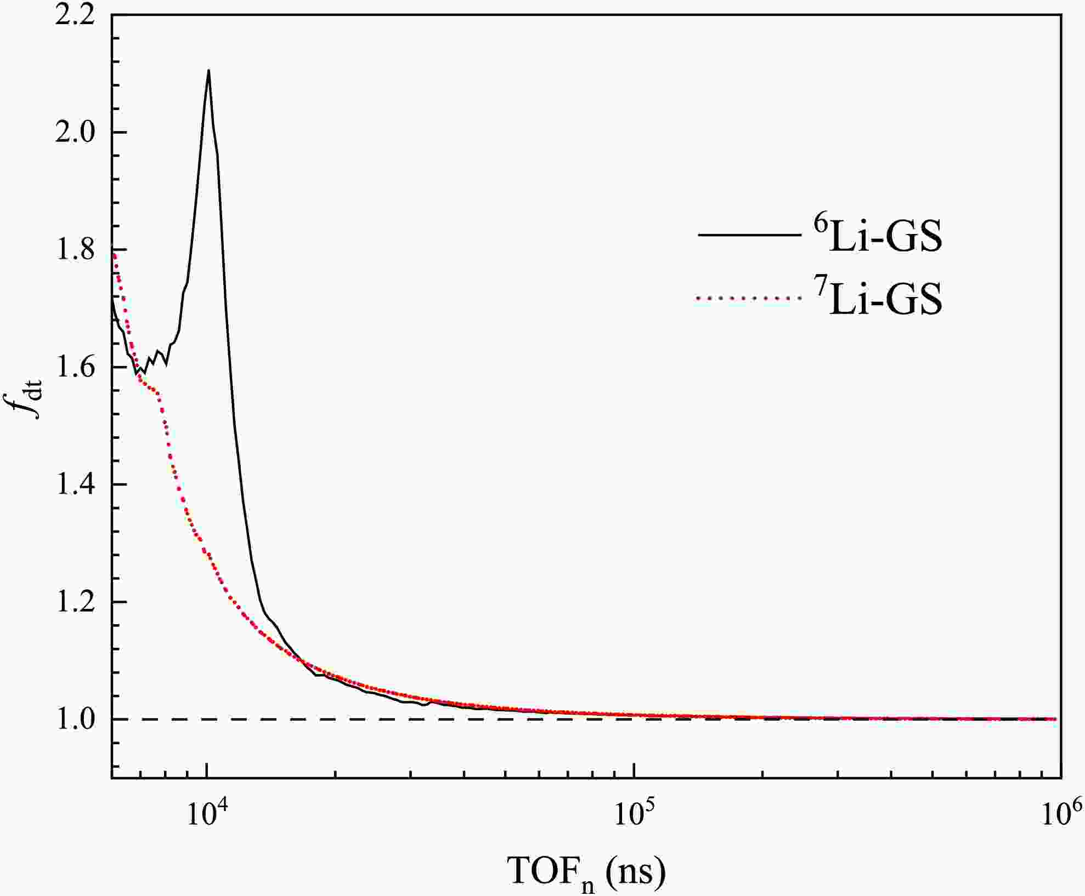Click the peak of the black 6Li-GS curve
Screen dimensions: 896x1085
click(x=208, y=70)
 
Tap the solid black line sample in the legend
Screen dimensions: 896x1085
click(x=748, y=236)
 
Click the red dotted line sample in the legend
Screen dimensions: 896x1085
click(x=748, y=298)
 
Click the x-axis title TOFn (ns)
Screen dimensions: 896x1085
click(x=587, y=872)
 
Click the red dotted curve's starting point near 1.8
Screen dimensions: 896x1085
click(x=114, y=253)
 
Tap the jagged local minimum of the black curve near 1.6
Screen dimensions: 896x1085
click(x=137, y=373)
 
